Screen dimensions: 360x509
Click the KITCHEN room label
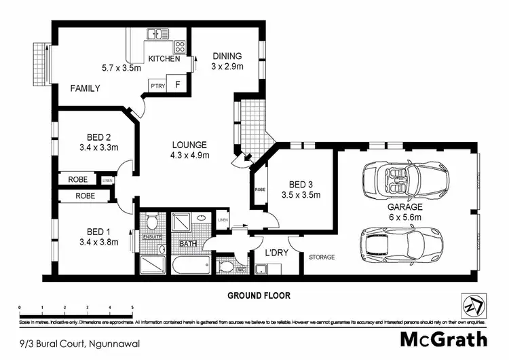(x=164, y=59)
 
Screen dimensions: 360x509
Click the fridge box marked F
(x=178, y=86)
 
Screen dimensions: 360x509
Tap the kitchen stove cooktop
(x=181, y=47)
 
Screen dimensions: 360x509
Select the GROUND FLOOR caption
(x=259, y=295)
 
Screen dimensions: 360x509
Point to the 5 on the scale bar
(x=132, y=308)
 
